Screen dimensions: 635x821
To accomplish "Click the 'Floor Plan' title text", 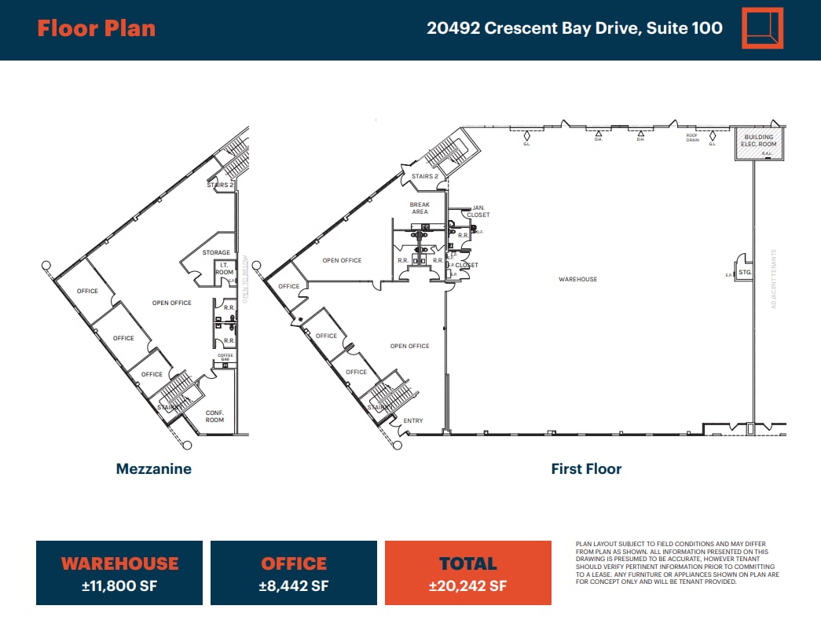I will tap(96, 29).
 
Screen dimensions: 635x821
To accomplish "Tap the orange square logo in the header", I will tap(763, 29).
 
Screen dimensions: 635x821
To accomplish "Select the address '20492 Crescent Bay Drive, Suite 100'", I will tap(574, 29).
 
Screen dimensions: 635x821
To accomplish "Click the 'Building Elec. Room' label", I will tap(759, 141).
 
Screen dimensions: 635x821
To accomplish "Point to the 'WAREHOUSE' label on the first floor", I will tap(577, 279).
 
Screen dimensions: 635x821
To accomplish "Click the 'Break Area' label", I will tap(420, 208).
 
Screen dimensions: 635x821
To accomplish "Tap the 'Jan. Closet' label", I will tap(478, 211).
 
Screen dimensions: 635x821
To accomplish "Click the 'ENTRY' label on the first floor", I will tap(413, 421).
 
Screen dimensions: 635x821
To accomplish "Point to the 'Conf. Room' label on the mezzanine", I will tap(214, 417).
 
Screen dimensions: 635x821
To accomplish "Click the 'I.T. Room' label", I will tap(224, 269).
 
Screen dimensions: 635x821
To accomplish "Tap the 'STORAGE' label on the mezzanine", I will tap(216, 253).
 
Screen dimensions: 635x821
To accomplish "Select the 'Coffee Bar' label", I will tap(225, 358).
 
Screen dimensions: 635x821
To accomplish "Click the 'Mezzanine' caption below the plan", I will tap(153, 469).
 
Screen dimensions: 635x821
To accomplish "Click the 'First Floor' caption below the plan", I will tap(586, 469).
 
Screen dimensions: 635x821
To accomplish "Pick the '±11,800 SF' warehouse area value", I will tap(119, 586).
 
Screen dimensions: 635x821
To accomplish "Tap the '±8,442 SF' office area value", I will tap(294, 586).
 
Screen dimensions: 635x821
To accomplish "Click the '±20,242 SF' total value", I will tap(467, 586).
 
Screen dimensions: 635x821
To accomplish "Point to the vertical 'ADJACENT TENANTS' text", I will tap(774, 279).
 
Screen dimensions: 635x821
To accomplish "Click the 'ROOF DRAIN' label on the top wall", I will tap(692, 137).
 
